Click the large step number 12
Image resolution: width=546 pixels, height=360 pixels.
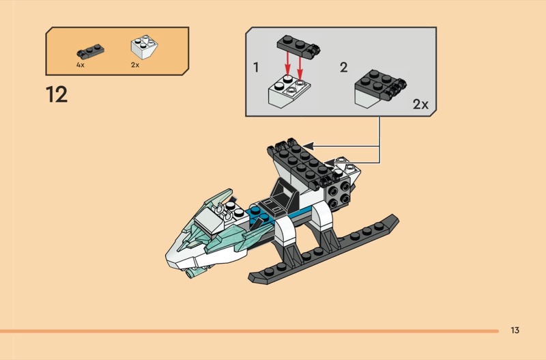[57, 95]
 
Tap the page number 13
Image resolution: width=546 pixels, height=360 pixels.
[515, 330]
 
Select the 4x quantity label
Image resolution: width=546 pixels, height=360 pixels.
[81, 65]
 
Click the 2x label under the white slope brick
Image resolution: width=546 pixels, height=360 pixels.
[135, 65]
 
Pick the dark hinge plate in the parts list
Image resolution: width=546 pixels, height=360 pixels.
[90, 51]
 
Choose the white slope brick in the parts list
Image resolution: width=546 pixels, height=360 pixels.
[144, 46]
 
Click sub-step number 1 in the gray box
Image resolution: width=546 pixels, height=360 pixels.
[257, 67]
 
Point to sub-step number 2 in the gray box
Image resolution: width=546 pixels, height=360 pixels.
[344, 67]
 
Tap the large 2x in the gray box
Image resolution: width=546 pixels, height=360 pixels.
[420, 105]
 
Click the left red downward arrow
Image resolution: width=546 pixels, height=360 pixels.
[287, 63]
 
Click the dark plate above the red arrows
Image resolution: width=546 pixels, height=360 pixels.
[298, 46]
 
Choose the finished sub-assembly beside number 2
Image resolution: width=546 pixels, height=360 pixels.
[380, 89]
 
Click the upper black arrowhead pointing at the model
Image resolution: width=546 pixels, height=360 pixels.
[308, 146]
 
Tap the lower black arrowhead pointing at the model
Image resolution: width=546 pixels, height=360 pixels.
[330, 163]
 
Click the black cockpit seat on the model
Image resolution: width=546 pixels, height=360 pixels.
[283, 193]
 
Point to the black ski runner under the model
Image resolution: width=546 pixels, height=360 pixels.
[324, 249]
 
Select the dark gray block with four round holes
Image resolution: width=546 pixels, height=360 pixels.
[338, 194]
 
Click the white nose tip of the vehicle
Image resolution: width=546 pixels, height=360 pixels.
[174, 258]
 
